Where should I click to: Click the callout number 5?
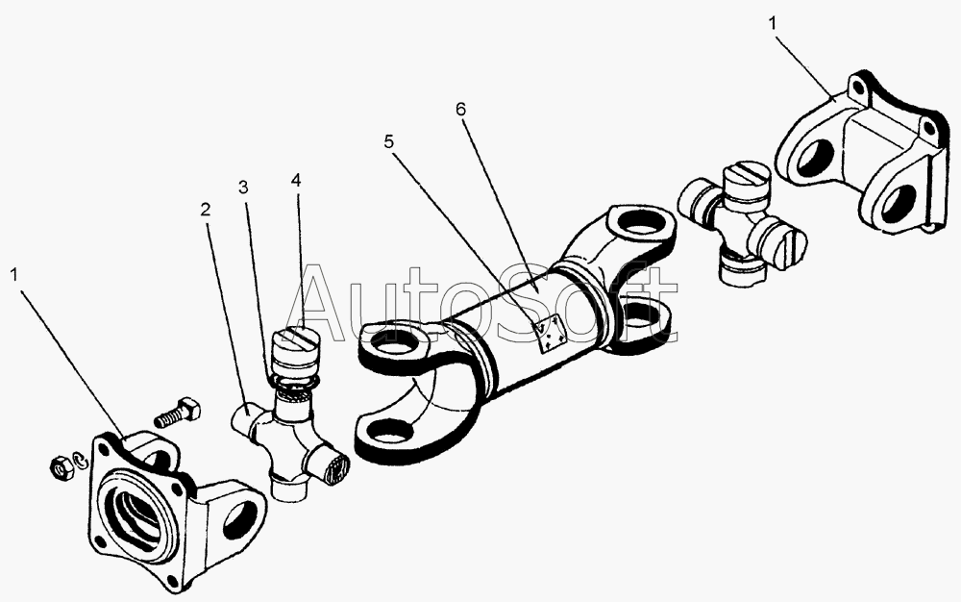click(x=388, y=142)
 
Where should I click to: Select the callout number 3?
click(x=243, y=185)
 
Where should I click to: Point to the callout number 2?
click(x=204, y=209)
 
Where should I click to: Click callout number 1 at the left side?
click(x=14, y=273)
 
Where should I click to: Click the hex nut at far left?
click(x=57, y=465)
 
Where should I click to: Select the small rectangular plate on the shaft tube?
click(x=550, y=334)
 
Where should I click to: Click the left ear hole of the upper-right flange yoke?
click(x=814, y=157)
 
